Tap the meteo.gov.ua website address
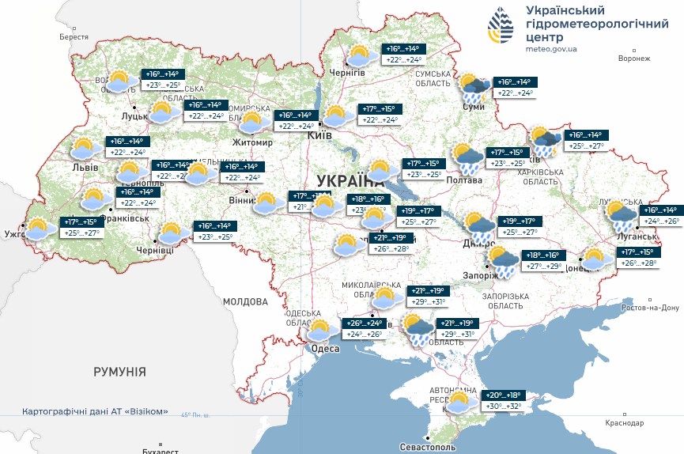click(x=551, y=49)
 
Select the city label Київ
click(x=319, y=136)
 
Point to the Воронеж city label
click(x=633, y=59)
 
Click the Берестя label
click(x=74, y=37)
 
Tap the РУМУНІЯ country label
click(x=119, y=371)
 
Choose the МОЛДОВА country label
click(x=245, y=301)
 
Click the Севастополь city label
click(x=427, y=448)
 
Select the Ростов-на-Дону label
click(x=650, y=308)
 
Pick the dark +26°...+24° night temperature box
click(x=364, y=323)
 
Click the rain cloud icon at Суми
click(x=475, y=88)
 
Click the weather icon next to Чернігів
click(x=361, y=55)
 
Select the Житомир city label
click(x=251, y=142)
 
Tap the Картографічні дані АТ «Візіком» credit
click(x=96, y=411)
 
